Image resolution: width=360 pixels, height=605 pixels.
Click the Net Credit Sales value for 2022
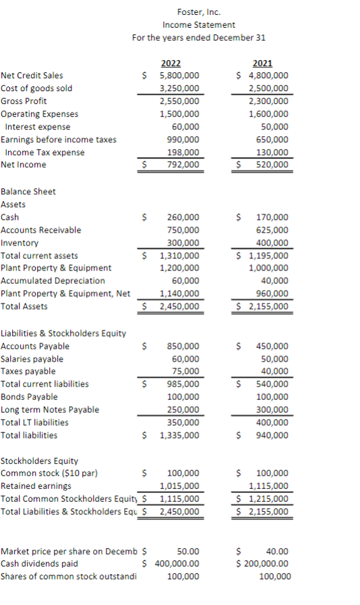point(179,76)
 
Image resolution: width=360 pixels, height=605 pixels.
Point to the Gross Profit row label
point(24,101)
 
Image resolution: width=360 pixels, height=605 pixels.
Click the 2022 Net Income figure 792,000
point(183,165)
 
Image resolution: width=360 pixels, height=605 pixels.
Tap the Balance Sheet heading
point(28,192)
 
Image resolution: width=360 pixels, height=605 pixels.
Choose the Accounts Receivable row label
point(41,230)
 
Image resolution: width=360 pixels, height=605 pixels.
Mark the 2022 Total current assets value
point(179,256)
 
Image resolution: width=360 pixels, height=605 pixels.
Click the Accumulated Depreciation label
point(53,281)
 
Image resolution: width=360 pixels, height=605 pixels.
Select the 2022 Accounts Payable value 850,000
point(183,346)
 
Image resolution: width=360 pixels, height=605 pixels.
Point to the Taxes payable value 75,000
point(186,371)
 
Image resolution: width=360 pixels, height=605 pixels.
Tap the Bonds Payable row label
point(29,397)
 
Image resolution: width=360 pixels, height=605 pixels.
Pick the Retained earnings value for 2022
point(179,486)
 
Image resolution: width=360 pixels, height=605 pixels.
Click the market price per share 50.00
point(187,551)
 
